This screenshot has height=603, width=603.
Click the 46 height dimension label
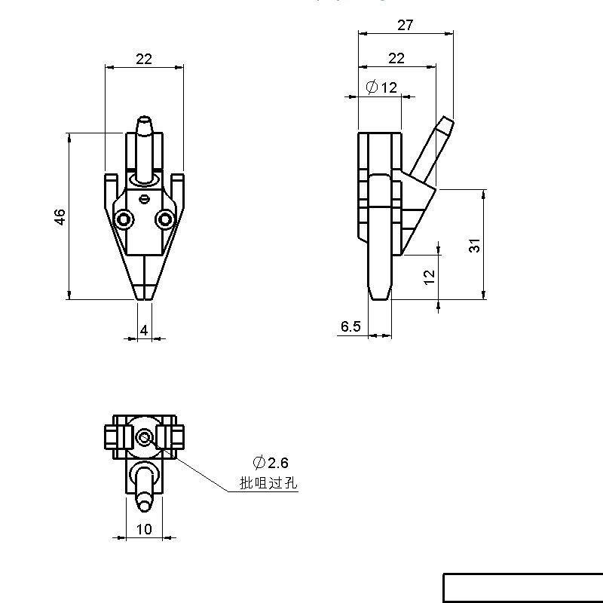pos(60,217)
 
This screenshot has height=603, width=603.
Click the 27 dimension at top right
pos(406,25)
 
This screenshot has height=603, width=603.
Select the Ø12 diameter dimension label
pos(381,87)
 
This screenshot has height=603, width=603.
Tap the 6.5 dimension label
pos(350,326)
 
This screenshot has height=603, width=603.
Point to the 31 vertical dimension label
pos(475,246)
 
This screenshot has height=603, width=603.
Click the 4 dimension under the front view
pos(144,330)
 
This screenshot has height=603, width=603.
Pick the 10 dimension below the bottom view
pos(144,530)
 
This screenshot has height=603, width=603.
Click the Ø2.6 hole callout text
pos(271,462)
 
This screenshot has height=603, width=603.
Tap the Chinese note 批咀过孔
pos(268,482)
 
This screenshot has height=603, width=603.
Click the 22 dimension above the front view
pos(144,59)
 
